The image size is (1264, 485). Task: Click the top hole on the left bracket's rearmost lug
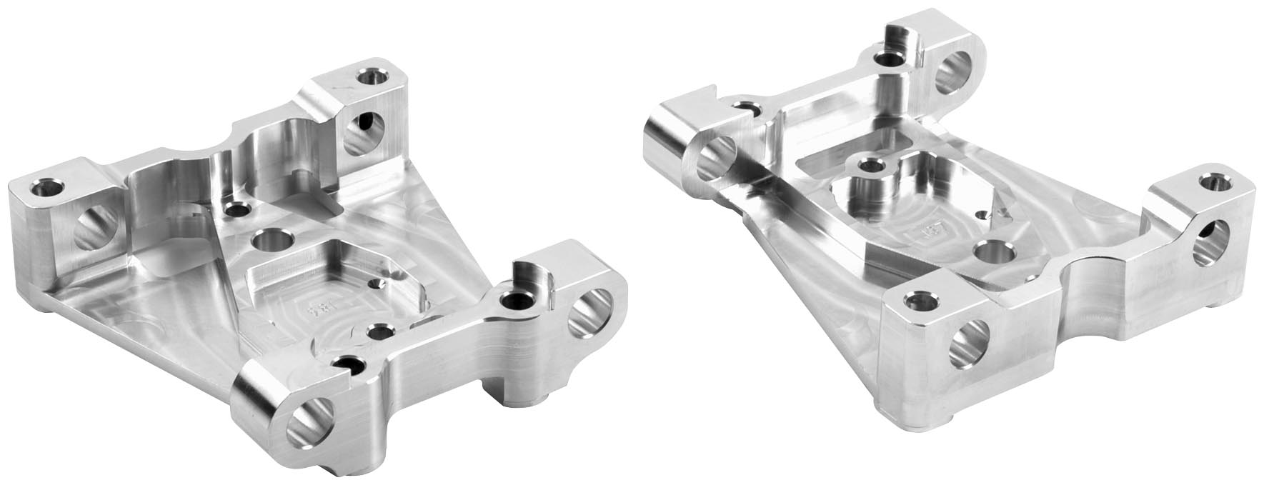click(373, 75)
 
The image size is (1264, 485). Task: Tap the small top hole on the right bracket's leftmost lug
click(747, 109)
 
